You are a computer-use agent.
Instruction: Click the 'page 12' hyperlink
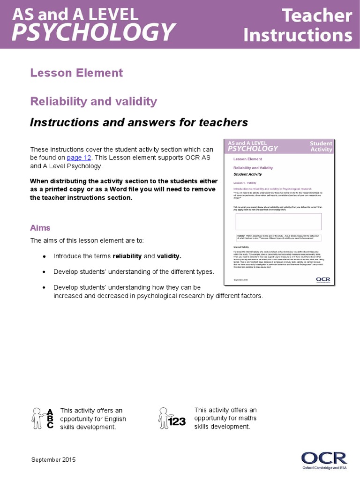pos(79,158)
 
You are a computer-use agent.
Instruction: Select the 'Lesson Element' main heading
pos(76,73)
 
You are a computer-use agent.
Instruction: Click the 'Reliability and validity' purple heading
pos(93,102)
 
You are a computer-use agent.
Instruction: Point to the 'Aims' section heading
pos(40,228)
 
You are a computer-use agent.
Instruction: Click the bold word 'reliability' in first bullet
pos(127,256)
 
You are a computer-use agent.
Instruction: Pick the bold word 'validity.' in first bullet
pos(169,256)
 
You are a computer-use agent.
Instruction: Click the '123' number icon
pos(177,422)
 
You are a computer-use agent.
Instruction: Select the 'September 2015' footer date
pos(53,460)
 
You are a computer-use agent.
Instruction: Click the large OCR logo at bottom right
pos(323,457)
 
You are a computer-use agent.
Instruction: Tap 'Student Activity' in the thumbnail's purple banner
pos(321,146)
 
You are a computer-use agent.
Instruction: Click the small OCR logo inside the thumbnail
pos(323,279)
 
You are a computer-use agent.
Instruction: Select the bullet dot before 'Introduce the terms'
pos(44,257)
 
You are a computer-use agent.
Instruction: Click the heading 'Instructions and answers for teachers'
pos(139,123)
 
